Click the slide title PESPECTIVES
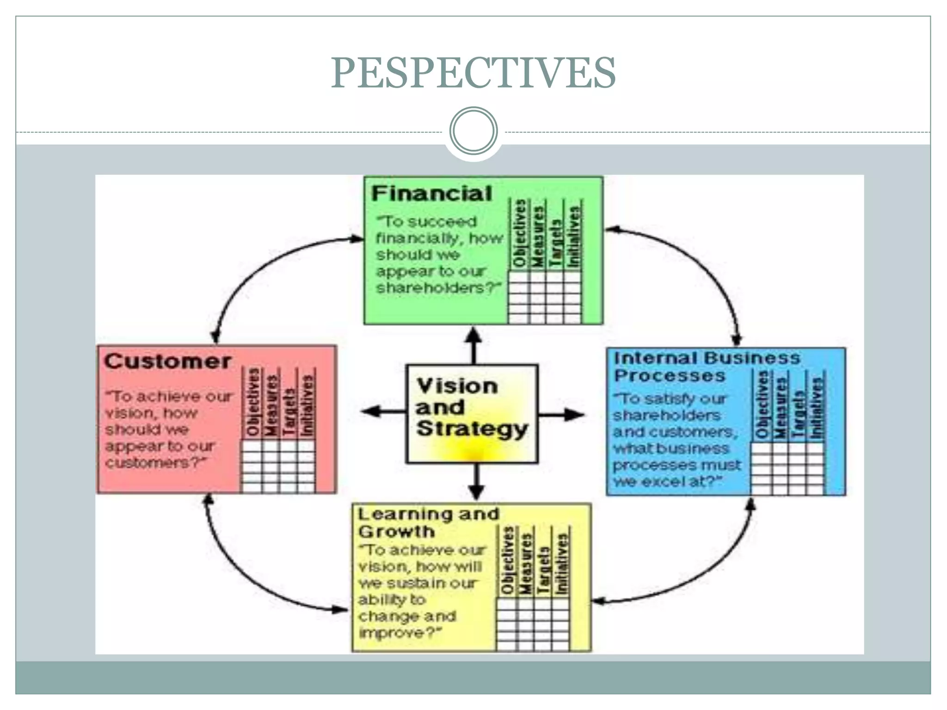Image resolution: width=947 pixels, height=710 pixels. click(x=473, y=73)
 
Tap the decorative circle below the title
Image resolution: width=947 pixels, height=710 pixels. click(x=473, y=131)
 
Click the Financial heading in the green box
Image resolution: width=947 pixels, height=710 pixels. click(x=431, y=194)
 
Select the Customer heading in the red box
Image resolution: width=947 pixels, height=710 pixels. click(x=167, y=361)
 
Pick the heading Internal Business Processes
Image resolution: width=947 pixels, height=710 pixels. click(x=706, y=367)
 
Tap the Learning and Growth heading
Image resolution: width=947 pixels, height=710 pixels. click(x=428, y=522)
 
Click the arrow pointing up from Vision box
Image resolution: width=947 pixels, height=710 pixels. click(x=473, y=344)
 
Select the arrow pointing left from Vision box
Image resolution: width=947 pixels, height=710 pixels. click(x=381, y=411)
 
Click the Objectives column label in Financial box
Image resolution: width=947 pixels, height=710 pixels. click(x=520, y=234)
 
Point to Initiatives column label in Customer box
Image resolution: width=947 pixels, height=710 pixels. click(x=307, y=405)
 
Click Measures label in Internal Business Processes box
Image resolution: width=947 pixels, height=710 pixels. click(x=781, y=407)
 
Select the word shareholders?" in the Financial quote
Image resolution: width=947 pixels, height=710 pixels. click(x=438, y=288)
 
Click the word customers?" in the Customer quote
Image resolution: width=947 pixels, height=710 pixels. click(x=155, y=463)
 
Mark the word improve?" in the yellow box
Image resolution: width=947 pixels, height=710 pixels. click(x=400, y=632)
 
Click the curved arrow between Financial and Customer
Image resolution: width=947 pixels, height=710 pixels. click(x=259, y=273)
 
